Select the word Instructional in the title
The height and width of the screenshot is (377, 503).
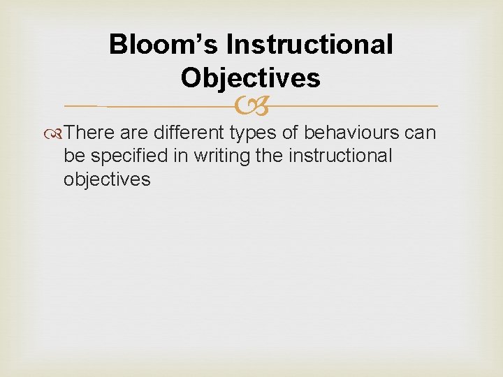click(x=309, y=45)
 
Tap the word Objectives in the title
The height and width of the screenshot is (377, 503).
click(x=250, y=77)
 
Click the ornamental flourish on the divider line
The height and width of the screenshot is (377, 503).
click(x=251, y=106)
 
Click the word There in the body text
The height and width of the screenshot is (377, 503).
click(x=92, y=133)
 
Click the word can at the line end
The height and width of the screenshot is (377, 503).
click(x=421, y=133)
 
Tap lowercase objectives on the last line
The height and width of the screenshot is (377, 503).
click(x=106, y=179)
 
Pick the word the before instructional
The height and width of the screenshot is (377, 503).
click(x=269, y=156)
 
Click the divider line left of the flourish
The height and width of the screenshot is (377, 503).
click(x=154, y=106)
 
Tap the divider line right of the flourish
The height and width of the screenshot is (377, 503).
click(x=349, y=106)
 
